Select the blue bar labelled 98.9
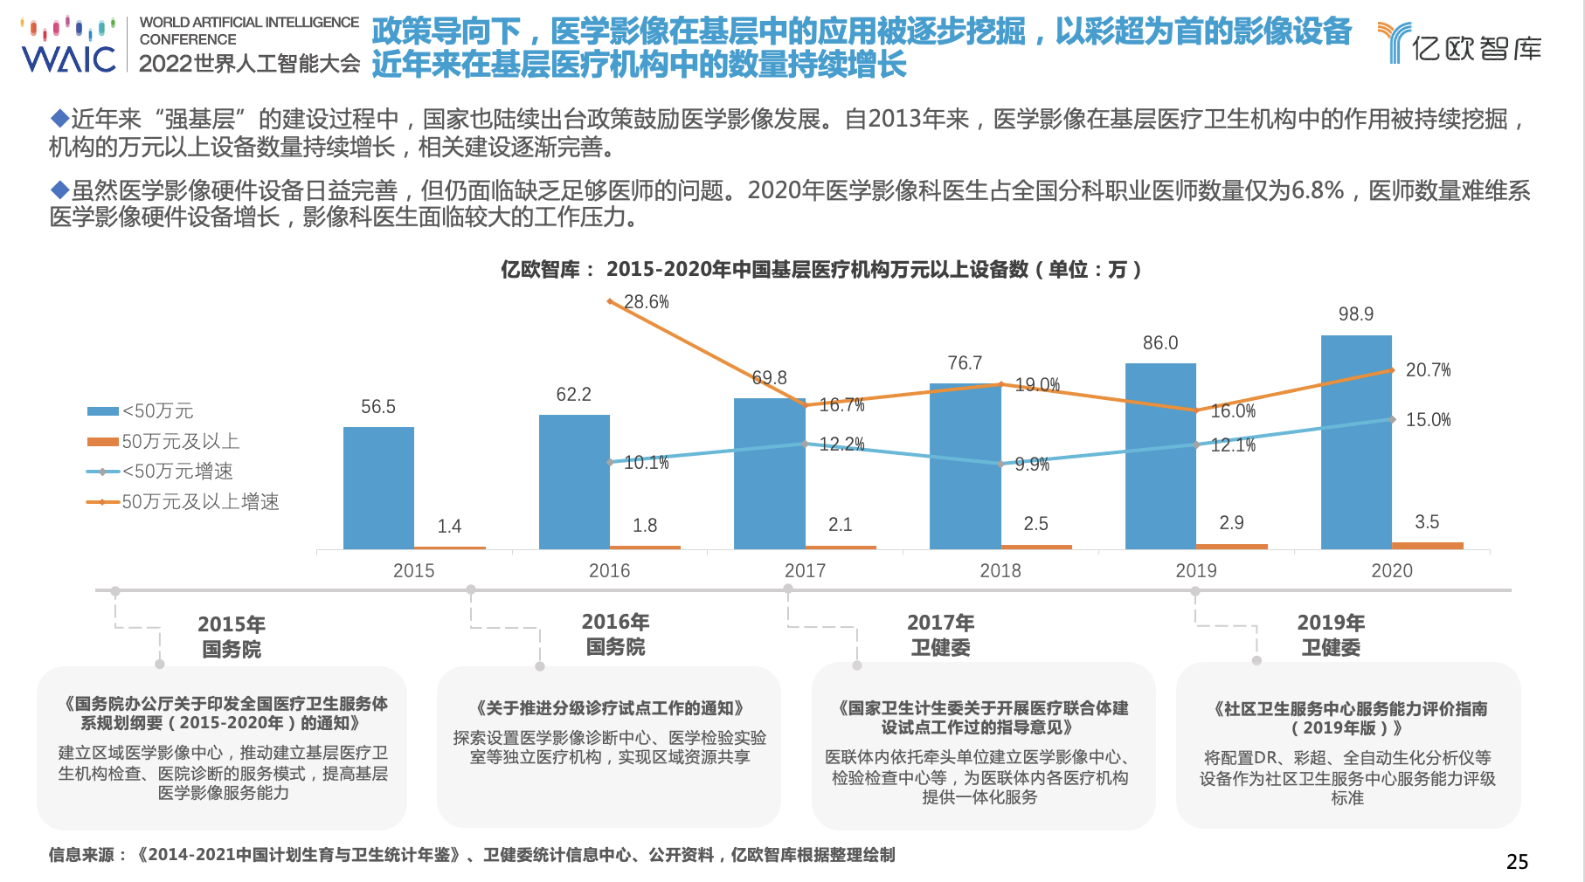pos(1356,441)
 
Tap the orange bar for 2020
pos(1428,545)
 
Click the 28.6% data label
pos(647,302)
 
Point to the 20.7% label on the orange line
pos(1428,370)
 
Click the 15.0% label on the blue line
pos(1428,420)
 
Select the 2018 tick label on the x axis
pos(1000,571)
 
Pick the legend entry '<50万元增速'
pos(177,472)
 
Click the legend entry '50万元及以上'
pos(180,442)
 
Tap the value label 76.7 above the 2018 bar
pos(965,363)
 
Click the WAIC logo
pos(68,45)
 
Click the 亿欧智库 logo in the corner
pos(1460,44)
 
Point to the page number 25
pos(1517,862)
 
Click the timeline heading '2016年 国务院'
pos(615,634)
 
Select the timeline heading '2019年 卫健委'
pos(1331,635)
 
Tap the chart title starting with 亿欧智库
pos(820,270)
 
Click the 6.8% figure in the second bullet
pos(1318,190)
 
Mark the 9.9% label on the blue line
pos(1032,465)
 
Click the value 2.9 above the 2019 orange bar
pos(1231,523)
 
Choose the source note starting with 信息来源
pos(472,855)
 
